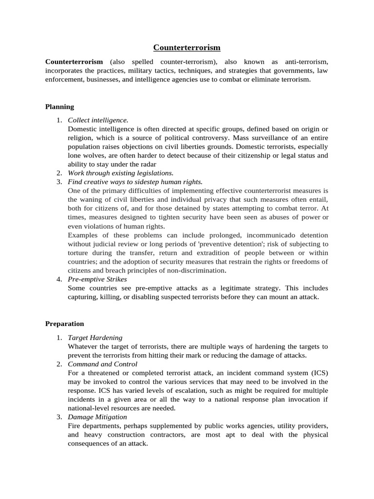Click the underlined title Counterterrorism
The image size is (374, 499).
pyautogui.click(x=187, y=47)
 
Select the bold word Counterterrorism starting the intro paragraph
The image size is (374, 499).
pyautogui.click(x=74, y=62)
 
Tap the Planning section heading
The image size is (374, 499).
pyautogui.click(x=59, y=107)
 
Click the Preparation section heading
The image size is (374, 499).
pyautogui.click(x=64, y=324)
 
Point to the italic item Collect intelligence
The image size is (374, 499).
pyautogui.click(x=98, y=120)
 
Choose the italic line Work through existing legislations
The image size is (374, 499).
pyautogui.click(x=120, y=173)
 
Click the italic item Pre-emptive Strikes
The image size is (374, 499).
pyautogui.click(x=97, y=279)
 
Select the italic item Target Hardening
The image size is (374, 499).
pyautogui.click(x=95, y=338)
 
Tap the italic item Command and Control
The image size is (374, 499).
pyautogui.click(x=102, y=364)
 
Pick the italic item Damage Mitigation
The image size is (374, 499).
pyautogui.click(x=97, y=417)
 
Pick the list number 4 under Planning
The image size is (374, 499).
pyautogui.click(x=58, y=279)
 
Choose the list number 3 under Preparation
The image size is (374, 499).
pyautogui.click(x=58, y=417)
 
